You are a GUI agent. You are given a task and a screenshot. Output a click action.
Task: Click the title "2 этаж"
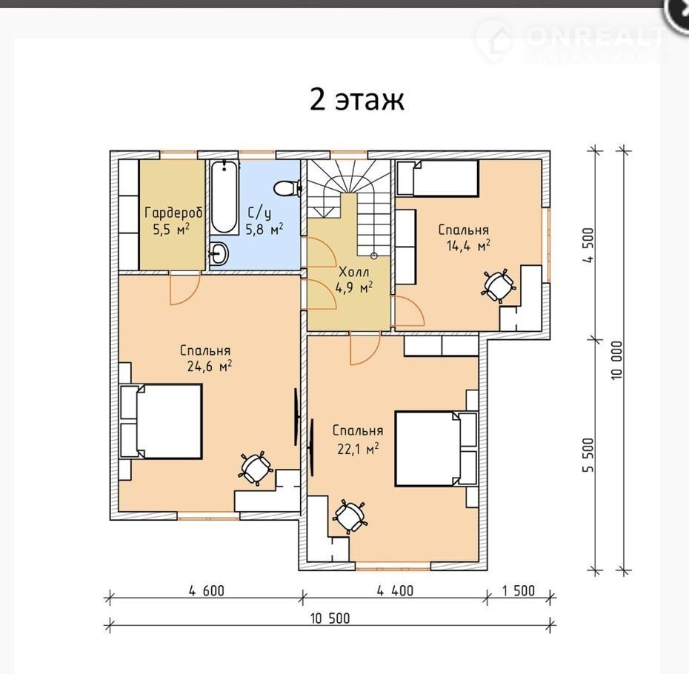(357, 100)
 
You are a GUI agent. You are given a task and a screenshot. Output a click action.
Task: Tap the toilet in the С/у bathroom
(287, 188)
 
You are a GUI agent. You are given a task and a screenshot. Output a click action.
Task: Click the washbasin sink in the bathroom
(219, 253)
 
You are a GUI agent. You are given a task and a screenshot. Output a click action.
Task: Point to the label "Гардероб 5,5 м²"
(173, 221)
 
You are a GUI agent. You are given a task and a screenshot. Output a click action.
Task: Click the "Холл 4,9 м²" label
(354, 280)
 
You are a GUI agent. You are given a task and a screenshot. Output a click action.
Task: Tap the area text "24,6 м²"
(210, 366)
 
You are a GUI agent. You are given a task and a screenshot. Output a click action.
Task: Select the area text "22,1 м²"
(358, 449)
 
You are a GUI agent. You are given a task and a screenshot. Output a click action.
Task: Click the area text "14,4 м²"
(468, 245)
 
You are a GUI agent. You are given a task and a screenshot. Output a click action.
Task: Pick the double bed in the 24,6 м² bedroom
(162, 421)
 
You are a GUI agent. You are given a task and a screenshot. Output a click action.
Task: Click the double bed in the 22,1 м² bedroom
(436, 449)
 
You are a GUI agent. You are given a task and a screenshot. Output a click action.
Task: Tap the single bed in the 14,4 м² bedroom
(438, 178)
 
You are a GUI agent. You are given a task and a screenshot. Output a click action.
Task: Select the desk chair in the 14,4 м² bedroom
(499, 286)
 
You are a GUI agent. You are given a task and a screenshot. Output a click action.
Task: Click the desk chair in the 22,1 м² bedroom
(350, 517)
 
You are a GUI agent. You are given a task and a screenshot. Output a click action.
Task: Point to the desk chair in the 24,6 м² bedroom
(256, 468)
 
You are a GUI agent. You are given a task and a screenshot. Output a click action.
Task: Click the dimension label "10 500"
(330, 618)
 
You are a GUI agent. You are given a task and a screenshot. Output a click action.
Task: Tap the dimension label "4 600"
(207, 591)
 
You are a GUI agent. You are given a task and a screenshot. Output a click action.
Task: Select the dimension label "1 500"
(519, 591)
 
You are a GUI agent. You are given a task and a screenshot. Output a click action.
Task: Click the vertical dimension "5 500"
(588, 455)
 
